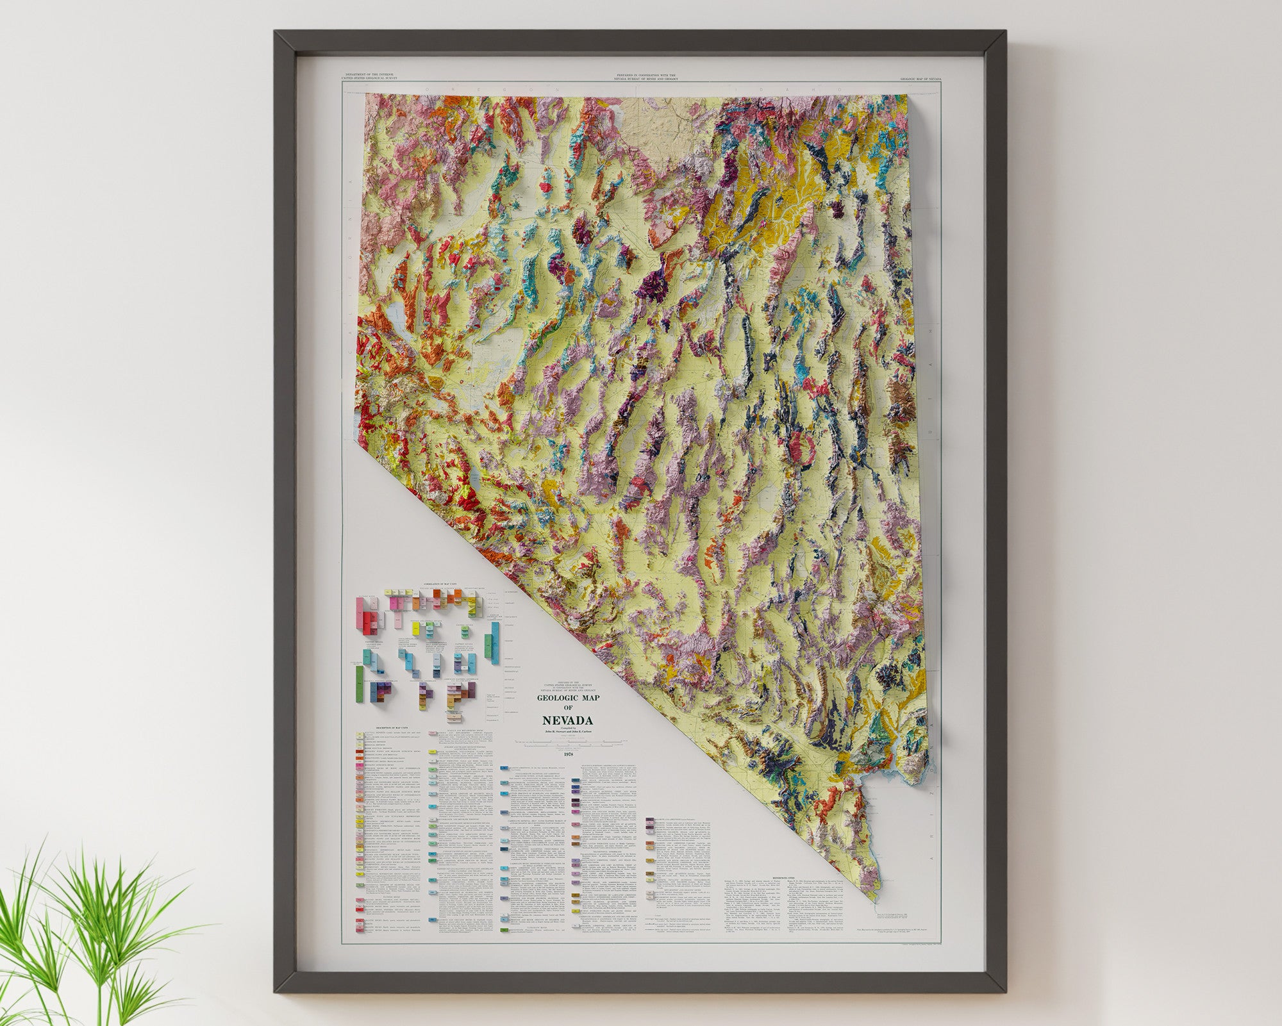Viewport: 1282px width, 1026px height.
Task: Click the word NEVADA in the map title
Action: tap(567, 720)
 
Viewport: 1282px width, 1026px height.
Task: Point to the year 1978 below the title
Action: tap(568, 754)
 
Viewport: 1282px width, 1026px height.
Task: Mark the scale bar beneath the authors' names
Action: tap(568, 742)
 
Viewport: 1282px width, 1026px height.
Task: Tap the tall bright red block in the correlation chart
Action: tap(369, 615)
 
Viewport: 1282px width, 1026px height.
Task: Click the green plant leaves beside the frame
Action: tap(77, 910)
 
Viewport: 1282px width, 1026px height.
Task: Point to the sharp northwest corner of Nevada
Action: tap(366, 94)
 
